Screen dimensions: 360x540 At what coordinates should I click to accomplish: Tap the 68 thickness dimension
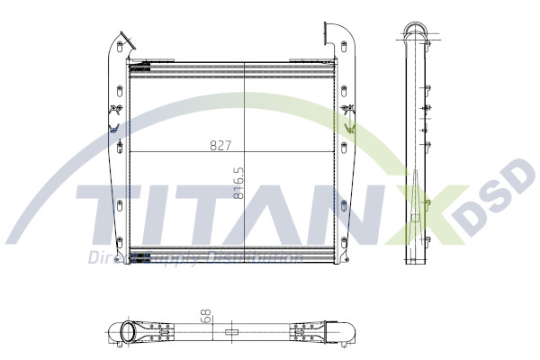[206, 317]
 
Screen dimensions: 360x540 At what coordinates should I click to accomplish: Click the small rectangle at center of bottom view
[231, 332]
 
